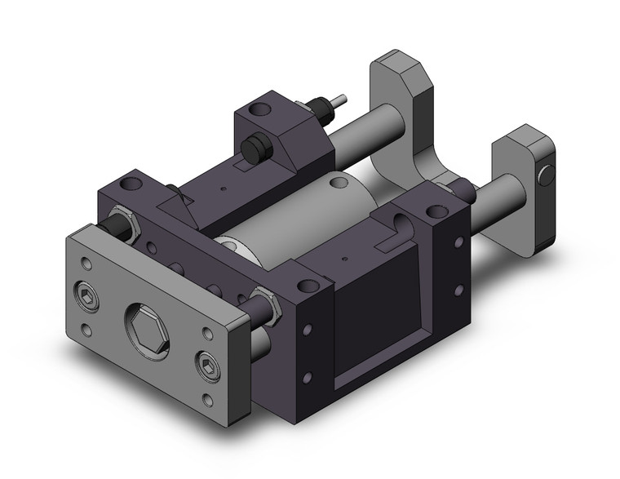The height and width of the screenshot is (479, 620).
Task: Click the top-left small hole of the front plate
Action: pos(86,263)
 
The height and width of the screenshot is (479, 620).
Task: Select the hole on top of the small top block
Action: pos(260,108)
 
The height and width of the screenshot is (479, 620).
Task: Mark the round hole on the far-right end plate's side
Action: pos(547,172)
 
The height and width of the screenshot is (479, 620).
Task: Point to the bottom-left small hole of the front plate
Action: pos(87,330)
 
